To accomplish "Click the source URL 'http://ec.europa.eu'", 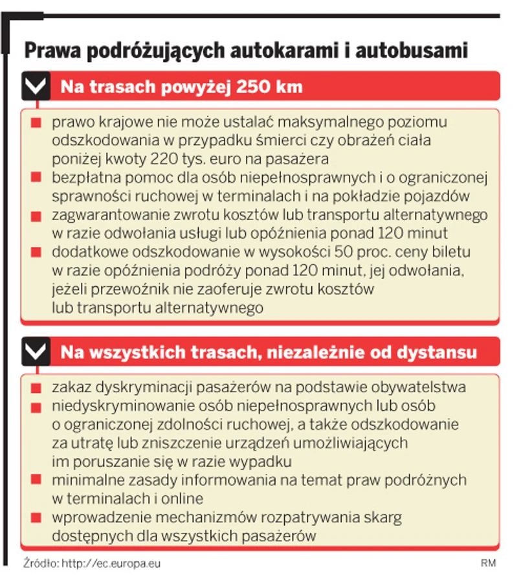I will point(111,563).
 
